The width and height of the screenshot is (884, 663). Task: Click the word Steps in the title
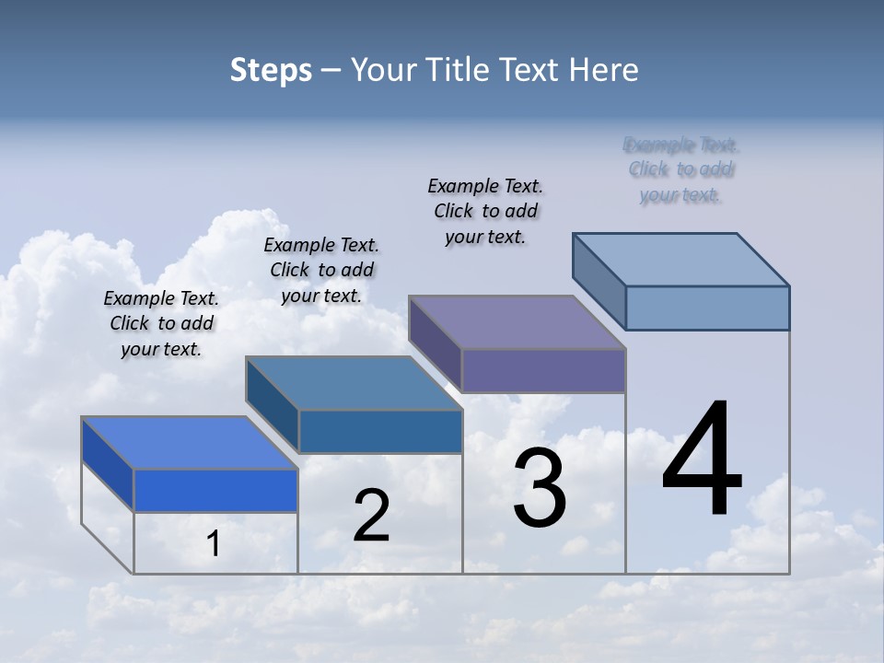[271, 70]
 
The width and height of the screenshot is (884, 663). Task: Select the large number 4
[702, 460]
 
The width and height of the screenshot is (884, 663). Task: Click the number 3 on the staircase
[540, 489]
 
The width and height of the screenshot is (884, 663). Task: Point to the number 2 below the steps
[371, 517]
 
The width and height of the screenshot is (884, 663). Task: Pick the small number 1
[214, 544]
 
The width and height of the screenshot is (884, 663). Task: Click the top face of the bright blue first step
[190, 443]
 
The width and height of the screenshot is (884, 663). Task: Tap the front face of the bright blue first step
[215, 490]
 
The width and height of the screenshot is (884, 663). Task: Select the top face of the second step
[354, 383]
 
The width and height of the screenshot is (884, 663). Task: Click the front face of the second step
[380, 431]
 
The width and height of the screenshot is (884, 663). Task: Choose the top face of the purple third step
[517, 322]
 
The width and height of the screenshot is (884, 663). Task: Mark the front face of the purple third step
[543, 370]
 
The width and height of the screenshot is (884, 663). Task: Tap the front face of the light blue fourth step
[707, 308]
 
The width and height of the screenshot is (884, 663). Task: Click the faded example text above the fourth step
[680, 169]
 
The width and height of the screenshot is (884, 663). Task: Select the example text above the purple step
[485, 211]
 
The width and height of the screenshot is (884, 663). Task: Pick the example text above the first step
[161, 323]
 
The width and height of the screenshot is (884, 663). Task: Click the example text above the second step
[321, 270]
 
